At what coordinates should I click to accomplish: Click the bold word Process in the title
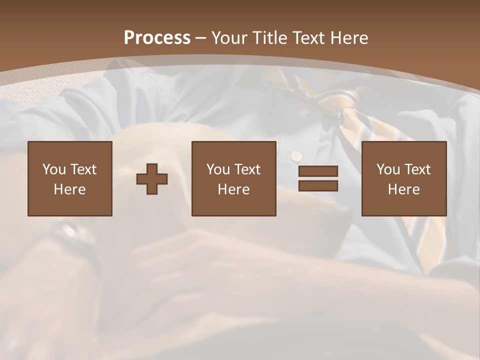tap(157, 38)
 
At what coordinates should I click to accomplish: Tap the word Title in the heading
tap(270, 38)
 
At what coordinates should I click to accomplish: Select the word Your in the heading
tap(230, 38)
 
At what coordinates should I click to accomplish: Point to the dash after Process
tap(201, 38)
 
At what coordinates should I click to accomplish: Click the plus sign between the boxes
tap(152, 179)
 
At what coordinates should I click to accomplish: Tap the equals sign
tap(318, 178)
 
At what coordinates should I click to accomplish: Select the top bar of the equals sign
tap(318, 171)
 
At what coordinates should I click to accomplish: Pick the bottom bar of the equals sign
tap(318, 185)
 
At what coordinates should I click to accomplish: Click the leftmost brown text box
tap(70, 179)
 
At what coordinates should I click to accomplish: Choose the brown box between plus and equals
tap(234, 179)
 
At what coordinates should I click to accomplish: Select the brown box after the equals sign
tap(404, 179)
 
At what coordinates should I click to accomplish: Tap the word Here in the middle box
tap(234, 189)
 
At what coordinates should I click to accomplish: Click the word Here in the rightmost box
tap(404, 189)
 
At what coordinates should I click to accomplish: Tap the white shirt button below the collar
tap(297, 155)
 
